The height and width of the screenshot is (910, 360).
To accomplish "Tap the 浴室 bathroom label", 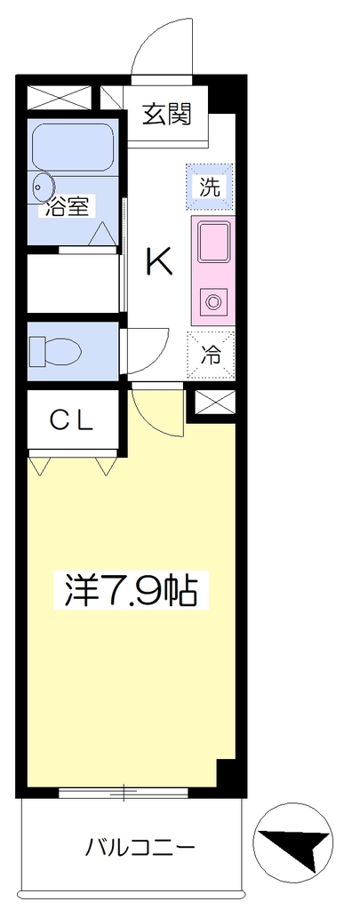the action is [67, 207].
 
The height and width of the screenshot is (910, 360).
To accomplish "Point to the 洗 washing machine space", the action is [210, 187].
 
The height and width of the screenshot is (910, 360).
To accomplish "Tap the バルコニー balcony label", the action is [140, 849].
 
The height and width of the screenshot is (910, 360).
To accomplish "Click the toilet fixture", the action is [54, 350].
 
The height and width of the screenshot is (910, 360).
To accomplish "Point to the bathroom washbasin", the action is [43, 188].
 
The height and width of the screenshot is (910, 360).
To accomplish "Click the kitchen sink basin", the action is [213, 242].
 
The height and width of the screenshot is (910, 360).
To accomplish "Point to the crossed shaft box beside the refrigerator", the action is [215, 402].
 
